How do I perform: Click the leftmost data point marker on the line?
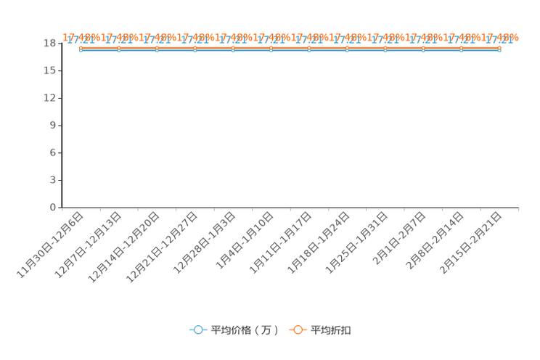81,50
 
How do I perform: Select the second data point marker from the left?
119,50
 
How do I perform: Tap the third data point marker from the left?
157,50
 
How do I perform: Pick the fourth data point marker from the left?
195,50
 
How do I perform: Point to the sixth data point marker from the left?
271,50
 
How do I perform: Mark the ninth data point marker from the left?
385,50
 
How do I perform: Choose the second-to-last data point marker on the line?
461,50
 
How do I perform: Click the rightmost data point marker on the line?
499,50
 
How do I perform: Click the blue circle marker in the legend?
198,330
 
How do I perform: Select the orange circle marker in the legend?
298,330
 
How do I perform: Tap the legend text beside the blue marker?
245,330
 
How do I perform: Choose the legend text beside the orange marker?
332,330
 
